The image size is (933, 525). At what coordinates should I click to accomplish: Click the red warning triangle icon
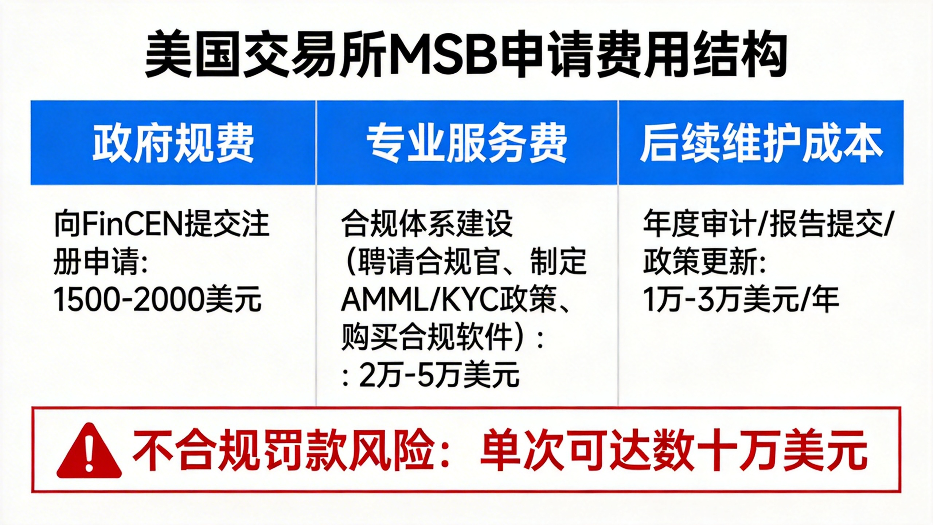tap(89, 451)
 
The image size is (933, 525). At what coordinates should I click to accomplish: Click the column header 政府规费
tap(173, 143)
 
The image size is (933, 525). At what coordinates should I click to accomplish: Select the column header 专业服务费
tap(467, 143)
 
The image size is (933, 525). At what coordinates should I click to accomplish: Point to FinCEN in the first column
tap(132, 223)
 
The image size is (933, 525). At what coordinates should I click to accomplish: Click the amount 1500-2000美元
tap(157, 299)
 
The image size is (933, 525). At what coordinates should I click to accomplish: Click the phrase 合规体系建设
tap(427, 223)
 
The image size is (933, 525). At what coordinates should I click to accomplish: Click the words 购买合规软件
tap(427, 337)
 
